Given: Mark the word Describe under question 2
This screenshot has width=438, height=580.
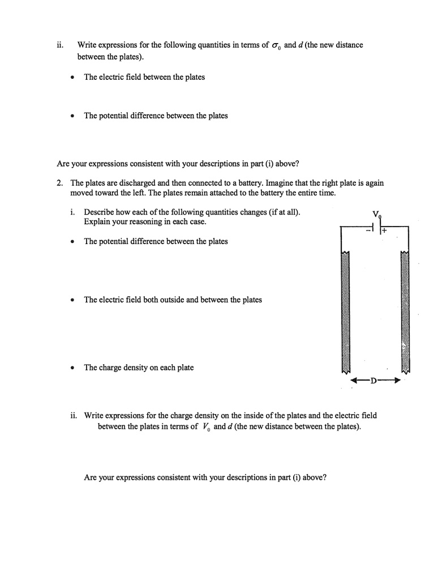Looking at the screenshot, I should (x=99, y=212).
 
